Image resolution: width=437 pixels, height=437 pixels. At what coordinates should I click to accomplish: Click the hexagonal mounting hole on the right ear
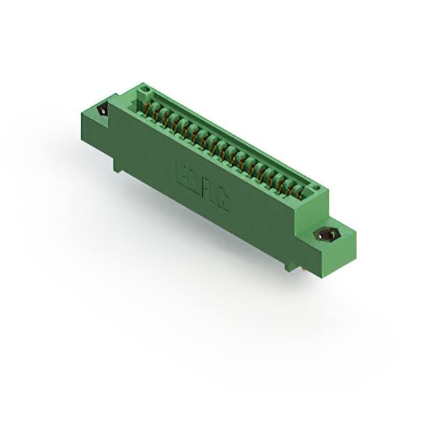327,234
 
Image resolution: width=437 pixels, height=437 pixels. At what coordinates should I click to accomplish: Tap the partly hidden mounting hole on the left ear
103,110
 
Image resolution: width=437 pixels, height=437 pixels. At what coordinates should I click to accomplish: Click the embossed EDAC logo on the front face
202,186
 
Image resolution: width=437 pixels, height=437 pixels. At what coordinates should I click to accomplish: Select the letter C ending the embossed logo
222,201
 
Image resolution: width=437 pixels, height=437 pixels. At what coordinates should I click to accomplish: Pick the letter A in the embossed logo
210,192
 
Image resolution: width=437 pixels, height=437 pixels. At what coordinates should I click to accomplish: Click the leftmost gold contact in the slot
154,109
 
